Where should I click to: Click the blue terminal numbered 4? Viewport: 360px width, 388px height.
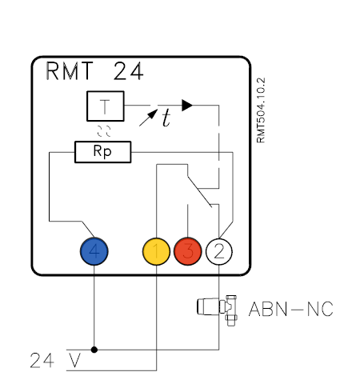click(x=94, y=251)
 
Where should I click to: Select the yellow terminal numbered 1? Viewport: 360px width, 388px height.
click(x=156, y=251)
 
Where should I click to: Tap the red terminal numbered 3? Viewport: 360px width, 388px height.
click(x=188, y=251)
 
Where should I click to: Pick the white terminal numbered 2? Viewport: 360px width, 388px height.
click(x=219, y=251)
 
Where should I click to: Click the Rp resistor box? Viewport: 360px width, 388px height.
click(x=103, y=152)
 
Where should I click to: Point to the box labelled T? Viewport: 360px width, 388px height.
click(x=106, y=106)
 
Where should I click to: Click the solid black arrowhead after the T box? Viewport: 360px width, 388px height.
click(x=187, y=106)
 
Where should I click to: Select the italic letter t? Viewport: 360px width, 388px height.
click(x=166, y=118)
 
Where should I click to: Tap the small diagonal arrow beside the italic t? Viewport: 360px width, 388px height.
click(x=148, y=118)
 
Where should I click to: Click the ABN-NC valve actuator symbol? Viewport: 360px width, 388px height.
click(x=217, y=310)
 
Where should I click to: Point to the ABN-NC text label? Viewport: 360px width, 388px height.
click(x=291, y=309)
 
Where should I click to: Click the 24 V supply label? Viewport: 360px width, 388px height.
click(x=55, y=360)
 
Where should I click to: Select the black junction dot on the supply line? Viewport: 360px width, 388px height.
click(x=94, y=350)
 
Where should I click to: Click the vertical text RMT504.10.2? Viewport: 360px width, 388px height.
click(x=261, y=110)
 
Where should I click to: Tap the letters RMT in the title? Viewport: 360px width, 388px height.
click(x=70, y=70)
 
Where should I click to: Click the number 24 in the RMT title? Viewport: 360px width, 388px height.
click(x=129, y=71)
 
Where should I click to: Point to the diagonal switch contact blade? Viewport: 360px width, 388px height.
click(x=200, y=192)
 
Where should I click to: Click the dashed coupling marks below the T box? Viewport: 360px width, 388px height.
click(x=104, y=131)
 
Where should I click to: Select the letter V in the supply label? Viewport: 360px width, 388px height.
click(x=74, y=360)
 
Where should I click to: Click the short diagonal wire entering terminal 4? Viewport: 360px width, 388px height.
click(x=88, y=229)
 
